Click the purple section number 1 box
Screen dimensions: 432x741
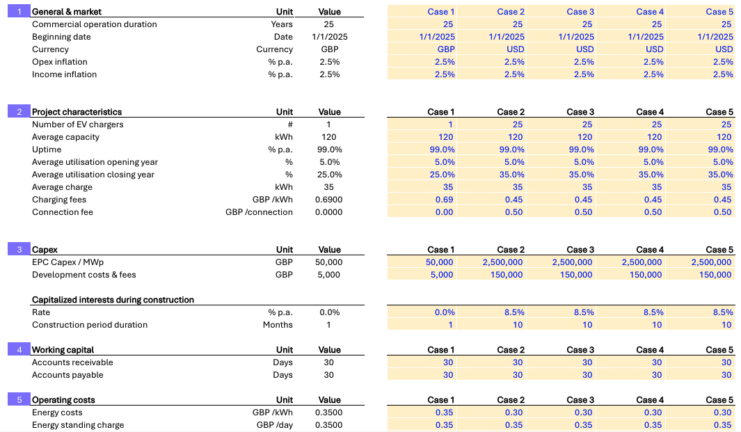[x=19, y=12]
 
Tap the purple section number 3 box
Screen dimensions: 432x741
[x=19, y=250]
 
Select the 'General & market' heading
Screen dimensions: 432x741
[x=66, y=12]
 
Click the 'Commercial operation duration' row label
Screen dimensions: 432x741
[x=95, y=24]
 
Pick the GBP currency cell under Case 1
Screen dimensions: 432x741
[x=446, y=49]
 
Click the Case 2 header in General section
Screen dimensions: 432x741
[x=511, y=12]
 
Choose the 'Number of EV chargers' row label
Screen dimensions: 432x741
[x=78, y=125]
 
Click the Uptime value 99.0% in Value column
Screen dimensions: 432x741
[x=329, y=150]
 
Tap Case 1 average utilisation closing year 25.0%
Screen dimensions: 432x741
[x=442, y=175]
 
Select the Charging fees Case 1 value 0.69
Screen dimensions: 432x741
[x=444, y=200]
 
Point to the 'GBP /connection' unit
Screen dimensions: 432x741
[x=259, y=212]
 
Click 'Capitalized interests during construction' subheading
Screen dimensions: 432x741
[x=113, y=300]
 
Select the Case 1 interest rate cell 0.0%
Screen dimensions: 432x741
[x=445, y=312]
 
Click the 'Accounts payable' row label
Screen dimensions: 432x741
[x=67, y=375]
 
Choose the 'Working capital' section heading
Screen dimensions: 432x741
[x=63, y=350]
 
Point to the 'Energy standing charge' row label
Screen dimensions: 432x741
[x=78, y=425]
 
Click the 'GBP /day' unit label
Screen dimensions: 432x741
[x=274, y=425]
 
